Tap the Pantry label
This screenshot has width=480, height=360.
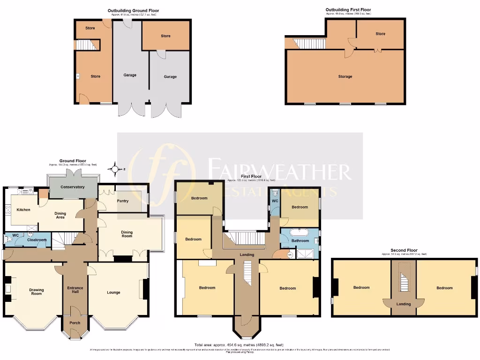(x=122, y=201)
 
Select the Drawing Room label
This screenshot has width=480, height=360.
(x=36, y=292)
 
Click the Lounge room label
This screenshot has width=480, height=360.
(x=113, y=292)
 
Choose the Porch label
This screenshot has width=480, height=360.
(x=75, y=322)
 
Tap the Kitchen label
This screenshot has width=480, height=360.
(x=23, y=210)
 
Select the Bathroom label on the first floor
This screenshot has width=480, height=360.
(x=300, y=241)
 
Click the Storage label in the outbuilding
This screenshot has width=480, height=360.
(x=345, y=76)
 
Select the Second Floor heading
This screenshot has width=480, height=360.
(x=404, y=250)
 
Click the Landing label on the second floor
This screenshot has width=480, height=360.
(x=404, y=304)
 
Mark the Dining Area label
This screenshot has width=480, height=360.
(x=60, y=215)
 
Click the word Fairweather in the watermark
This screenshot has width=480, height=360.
(x=279, y=172)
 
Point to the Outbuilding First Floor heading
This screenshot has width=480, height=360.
(x=348, y=9)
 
